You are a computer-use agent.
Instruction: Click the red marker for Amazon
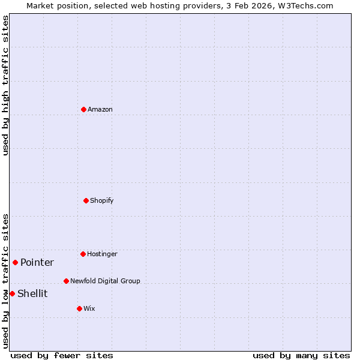[83, 109]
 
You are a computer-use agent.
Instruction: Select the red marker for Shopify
[86, 200]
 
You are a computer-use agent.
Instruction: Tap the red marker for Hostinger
[83, 254]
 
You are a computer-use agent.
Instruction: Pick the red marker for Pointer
[15, 262]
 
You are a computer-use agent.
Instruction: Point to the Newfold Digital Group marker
[66, 281]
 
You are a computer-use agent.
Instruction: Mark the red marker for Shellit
[12, 293]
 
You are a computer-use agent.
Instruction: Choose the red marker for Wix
[79, 308]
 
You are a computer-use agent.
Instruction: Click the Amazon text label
[100, 109]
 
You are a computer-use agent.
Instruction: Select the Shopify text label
[102, 200]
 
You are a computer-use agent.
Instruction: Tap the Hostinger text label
[102, 254]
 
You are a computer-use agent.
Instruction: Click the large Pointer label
[37, 262]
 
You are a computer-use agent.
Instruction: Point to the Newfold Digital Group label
[105, 281]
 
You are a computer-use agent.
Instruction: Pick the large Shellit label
[32, 293]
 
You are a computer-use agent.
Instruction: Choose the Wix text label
[89, 308]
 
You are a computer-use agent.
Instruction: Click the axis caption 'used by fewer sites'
[62, 355]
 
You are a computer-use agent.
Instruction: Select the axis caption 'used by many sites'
[301, 355]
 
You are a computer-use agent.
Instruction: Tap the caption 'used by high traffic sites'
[5, 85]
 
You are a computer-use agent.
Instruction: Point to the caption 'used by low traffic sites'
[5, 281]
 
